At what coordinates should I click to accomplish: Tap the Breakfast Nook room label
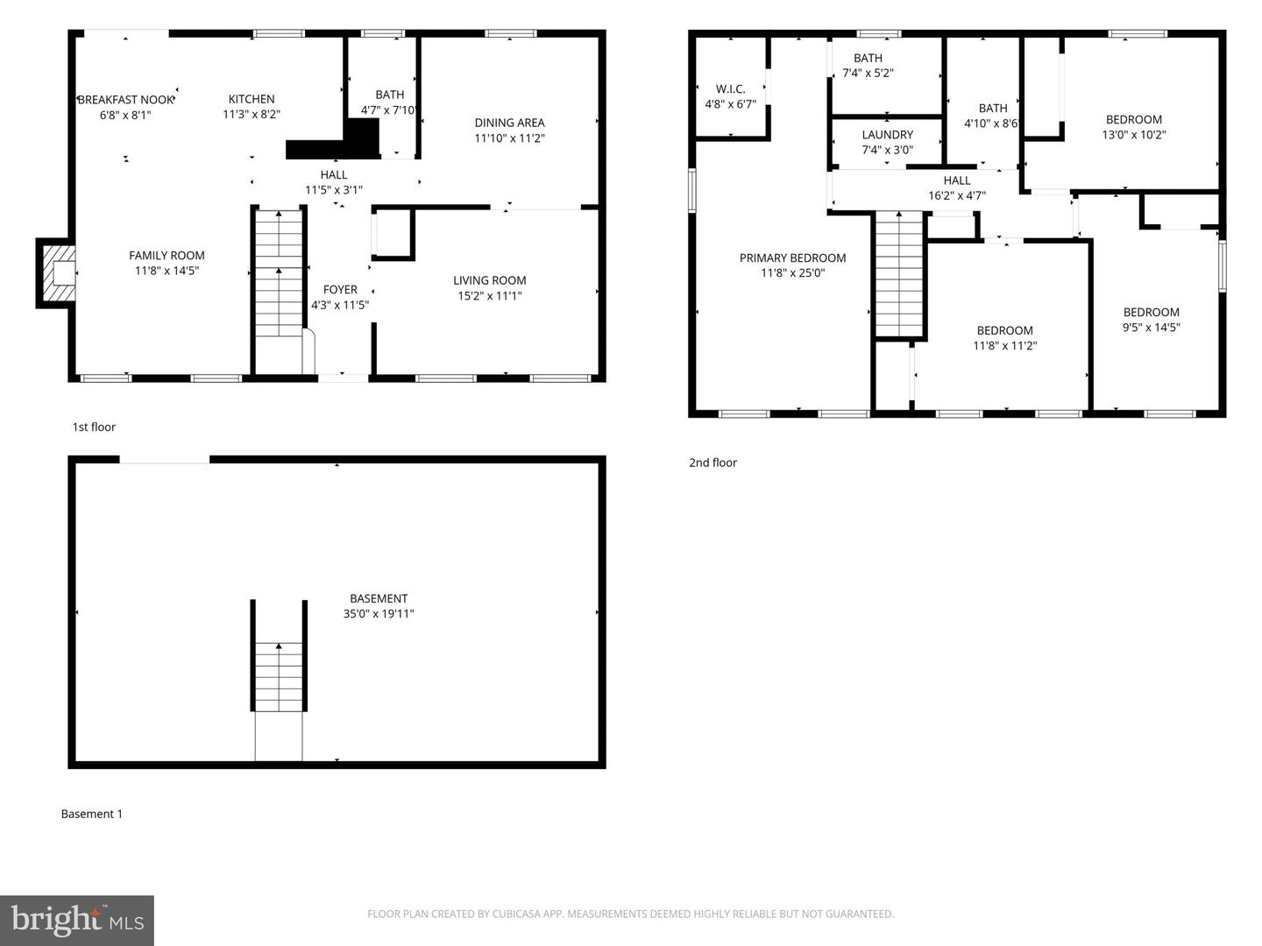point(125,100)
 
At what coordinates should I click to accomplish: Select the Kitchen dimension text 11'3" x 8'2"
point(252,115)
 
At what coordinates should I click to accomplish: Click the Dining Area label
point(509,123)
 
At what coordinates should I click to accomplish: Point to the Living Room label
point(489,280)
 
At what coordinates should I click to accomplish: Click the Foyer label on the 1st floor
point(340,290)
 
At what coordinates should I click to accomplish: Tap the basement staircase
point(279,677)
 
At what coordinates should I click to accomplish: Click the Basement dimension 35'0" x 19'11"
point(379,614)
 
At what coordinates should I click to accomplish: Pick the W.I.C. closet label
point(730,89)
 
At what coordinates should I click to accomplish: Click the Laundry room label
point(887,135)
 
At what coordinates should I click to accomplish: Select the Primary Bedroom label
point(792,258)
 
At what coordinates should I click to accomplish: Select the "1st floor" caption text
point(94,427)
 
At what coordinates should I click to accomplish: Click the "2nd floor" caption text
point(713,463)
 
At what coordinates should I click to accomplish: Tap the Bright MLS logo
point(77,921)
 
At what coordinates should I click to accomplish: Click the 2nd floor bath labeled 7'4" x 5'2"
point(868,59)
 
